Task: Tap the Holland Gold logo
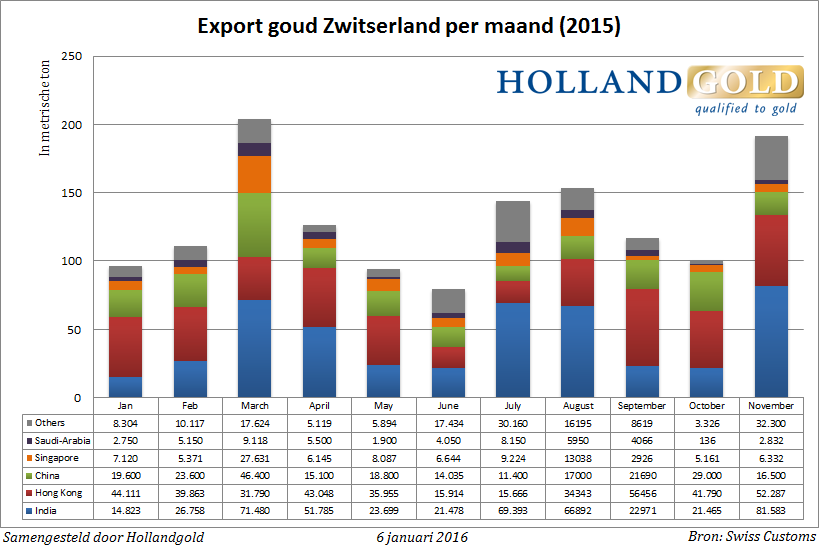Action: (649, 91)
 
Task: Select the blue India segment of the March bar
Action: (255, 348)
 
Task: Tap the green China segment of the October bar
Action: (706, 291)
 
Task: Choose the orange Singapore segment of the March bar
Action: (255, 174)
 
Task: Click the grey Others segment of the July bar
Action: (513, 221)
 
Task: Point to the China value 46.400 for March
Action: (255, 475)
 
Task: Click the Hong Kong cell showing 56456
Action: (641, 492)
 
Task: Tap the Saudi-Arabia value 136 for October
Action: (706, 441)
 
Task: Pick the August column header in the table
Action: (577, 406)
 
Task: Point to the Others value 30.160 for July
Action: (513, 424)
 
